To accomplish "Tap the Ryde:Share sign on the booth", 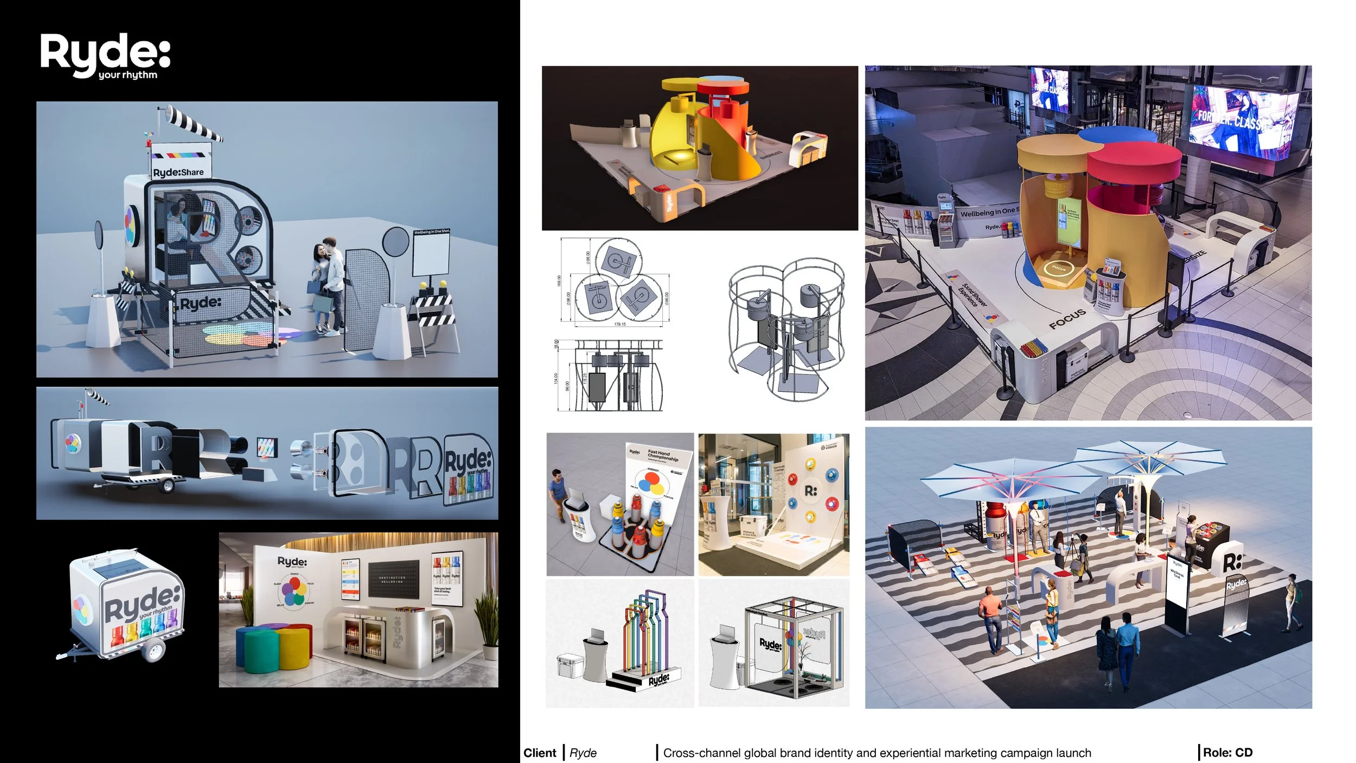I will pyautogui.click(x=178, y=172).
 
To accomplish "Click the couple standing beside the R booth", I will pyautogui.click(x=329, y=285).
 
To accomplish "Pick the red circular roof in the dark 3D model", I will pyautogui.click(x=722, y=87).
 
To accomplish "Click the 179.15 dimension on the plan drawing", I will pyautogui.click(x=619, y=325).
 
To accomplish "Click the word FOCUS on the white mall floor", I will pyautogui.click(x=1067, y=319).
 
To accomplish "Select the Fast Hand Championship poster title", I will pyautogui.click(x=662, y=455).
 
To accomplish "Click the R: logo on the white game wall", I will pyautogui.click(x=810, y=491).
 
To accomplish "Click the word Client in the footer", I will pyautogui.click(x=540, y=753).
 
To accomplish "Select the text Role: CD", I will pyautogui.click(x=1227, y=753).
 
